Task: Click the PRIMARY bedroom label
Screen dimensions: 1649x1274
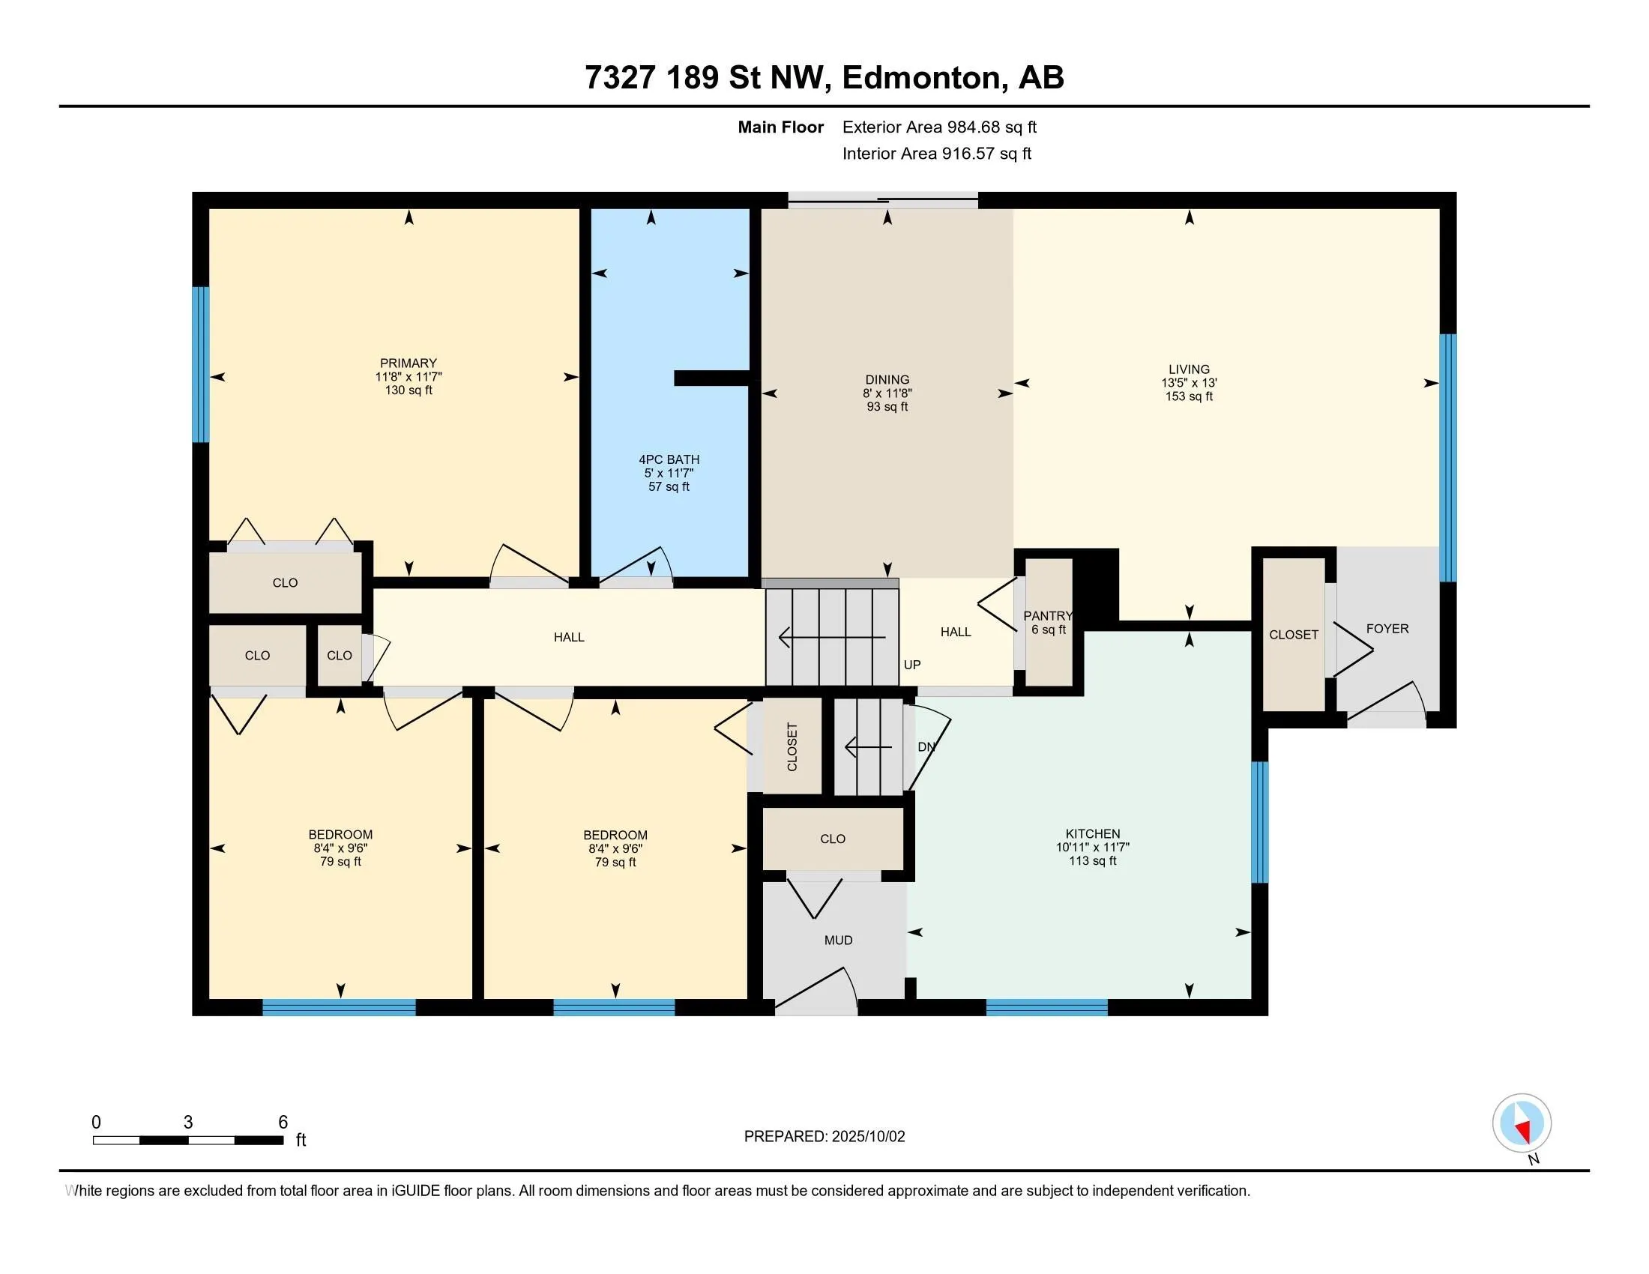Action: (409, 363)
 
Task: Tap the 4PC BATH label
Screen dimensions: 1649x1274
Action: (669, 459)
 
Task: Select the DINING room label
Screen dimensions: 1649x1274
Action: (887, 380)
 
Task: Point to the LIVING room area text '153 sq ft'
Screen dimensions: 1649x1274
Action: (1190, 396)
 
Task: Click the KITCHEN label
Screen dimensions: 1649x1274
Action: (1093, 834)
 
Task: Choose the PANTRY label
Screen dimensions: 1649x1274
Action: (1048, 616)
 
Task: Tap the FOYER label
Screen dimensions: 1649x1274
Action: (1387, 629)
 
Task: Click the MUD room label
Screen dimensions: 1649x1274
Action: (838, 941)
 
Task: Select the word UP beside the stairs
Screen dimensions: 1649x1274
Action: (912, 665)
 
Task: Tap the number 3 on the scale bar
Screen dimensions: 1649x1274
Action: (188, 1123)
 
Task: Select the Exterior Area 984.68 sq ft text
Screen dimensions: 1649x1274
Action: (939, 127)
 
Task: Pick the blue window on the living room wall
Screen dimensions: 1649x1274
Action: (1447, 458)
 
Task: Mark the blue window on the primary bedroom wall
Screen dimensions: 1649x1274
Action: (200, 364)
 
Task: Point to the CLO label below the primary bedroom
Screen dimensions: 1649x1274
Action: (285, 583)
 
